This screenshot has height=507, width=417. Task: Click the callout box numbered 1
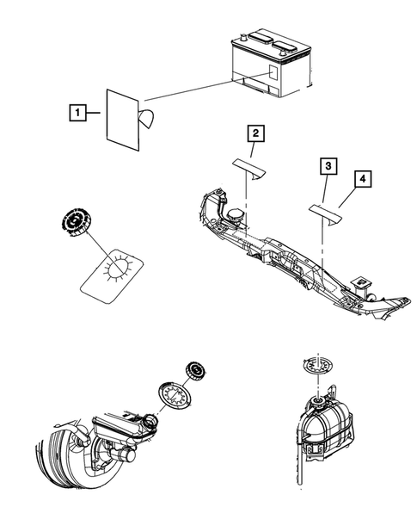click(x=78, y=113)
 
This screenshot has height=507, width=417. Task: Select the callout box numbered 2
click(x=256, y=133)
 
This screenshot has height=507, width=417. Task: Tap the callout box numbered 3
click(x=328, y=166)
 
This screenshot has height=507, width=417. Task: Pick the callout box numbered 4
click(x=363, y=179)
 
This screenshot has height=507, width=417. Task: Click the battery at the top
click(x=272, y=64)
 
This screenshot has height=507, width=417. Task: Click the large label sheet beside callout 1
click(x=123, y=120)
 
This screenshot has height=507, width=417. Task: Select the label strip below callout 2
click(x=249, y=168)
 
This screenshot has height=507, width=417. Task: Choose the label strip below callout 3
click(x=326, y=214)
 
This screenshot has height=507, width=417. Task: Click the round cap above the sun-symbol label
click(x=76, y=222)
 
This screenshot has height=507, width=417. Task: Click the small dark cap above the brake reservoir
click(x=196, y=372)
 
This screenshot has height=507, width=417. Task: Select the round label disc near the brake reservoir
click(x=175, y=396)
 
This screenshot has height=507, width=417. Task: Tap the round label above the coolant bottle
click(x=318, y=367)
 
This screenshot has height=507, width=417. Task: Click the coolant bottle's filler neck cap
click(x=317, y=403)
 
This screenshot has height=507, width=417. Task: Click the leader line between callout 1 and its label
click(x=94, y=113)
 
